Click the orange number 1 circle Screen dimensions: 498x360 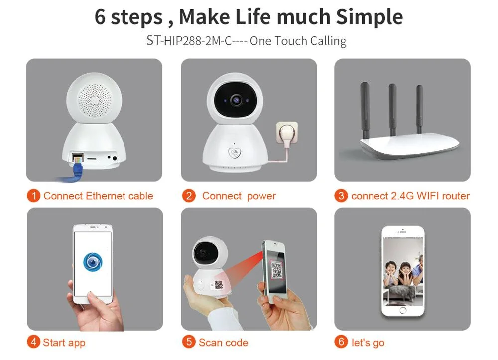[x=34, y=196]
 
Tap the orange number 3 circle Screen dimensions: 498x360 [x=341, y=196]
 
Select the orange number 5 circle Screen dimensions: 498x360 [x=189, y=342]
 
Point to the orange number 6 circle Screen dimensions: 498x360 [x=341, y=342]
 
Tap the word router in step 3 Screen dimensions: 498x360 [x=456, y=196]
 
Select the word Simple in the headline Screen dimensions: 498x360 [x=370, y=17]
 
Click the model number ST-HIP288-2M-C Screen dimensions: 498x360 [x=189, y=41]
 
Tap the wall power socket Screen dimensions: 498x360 [x=287, y=133]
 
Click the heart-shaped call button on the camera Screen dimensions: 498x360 [x=235, y=153]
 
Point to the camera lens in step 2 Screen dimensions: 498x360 [x=236, y=100]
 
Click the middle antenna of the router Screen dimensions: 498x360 [x=393, y=110]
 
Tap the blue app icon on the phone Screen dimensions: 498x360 [x=93, y=261]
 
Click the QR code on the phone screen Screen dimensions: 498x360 [x=276, y=270]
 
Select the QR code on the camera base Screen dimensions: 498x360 [x=219, y=285]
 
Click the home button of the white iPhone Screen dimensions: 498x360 [x=403, y=310]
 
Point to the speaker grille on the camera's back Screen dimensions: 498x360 [x=95, y=100]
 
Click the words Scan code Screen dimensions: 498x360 [x=223, y=343]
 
